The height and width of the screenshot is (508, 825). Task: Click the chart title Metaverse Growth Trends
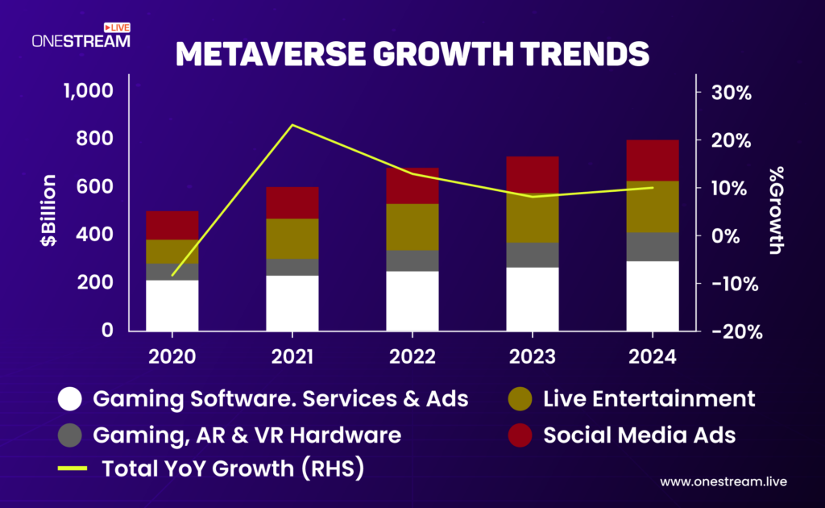tap(412, 54)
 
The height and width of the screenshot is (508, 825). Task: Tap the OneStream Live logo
tap(81, 36)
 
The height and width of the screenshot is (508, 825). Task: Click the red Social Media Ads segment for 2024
tap(653, 160)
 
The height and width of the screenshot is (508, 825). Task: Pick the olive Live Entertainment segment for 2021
tap(292, 239)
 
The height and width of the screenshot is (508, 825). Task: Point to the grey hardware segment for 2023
tap(533, 255)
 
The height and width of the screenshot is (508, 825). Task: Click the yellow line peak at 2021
tap(292, 125)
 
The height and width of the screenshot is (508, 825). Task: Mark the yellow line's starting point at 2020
tap(172, 276)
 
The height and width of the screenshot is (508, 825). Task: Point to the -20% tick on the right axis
tap(729, 331)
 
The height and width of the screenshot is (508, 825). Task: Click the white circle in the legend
tap(70, 398)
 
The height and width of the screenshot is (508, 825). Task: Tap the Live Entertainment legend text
tap(649, 398)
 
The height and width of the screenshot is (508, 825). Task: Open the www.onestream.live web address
tap(723, 481)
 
